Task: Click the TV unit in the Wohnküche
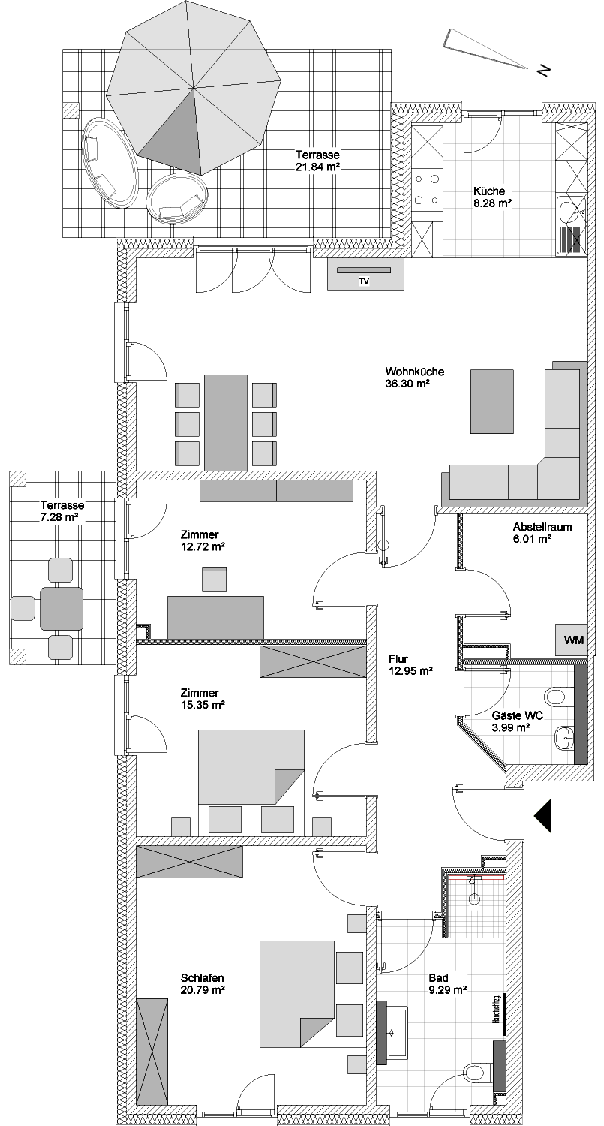pyautogui.click(x=365, y=274)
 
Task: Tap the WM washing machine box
pyautogui.click(x=571, y=640)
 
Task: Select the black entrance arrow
pyautogui.click(x=544, y=817)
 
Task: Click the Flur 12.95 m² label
pyautogui.click(x=410, y=664)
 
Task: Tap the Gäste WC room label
pyautogui.click(x=510, y=721)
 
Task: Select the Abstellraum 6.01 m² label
pyautogui.click(x=542, y=533)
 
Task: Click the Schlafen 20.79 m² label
pyautogui.click(x=203, y=983)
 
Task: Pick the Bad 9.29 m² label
pyautogui.click(x=448, y=983)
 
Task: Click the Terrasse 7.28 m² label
pyautogui.click(x=62, y=510)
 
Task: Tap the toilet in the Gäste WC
pyautogui.click(x=558, y=697)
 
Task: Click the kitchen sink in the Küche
pyautogui.click(x=572, y=213)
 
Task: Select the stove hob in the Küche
pyautogui.click(x=427, y=189)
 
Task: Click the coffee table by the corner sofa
pyautogui.click(x=492, y=401)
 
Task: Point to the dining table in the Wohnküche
pyautogui.click(x=226, y=422)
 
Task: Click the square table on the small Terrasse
pyautogui.click(x=62, y=608)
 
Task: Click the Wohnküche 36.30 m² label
pyautogui.click(x=415, y=378)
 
